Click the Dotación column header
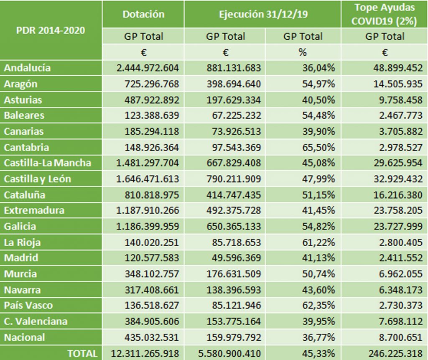click(143, 14)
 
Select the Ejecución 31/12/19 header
click(263, 14)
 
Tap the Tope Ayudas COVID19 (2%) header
click(385, 14)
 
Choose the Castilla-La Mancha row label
click(47, 163)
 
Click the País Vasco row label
click(28, 305)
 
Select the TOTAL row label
click(82, 353)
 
